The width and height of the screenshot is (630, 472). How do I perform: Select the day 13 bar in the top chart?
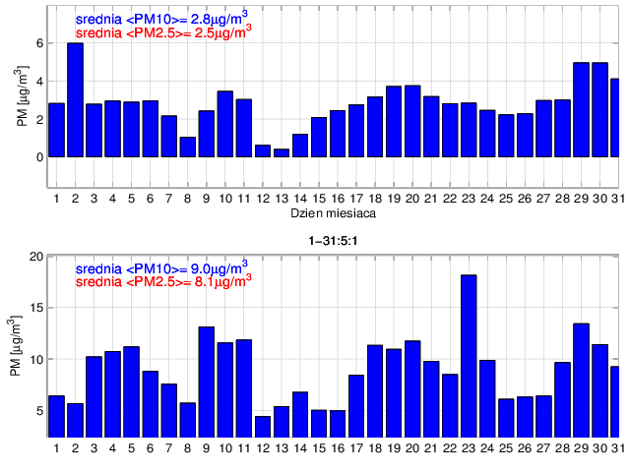282,152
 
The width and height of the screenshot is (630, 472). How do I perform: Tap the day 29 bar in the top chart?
582,109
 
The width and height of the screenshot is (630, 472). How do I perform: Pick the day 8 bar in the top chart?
187,147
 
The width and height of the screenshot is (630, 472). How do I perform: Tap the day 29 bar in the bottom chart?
582,380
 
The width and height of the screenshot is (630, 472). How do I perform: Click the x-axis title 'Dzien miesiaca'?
330,212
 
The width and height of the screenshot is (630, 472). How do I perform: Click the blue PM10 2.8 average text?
162,19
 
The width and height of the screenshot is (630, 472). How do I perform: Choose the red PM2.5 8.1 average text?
162,279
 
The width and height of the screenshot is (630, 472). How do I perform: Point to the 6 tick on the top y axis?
39,43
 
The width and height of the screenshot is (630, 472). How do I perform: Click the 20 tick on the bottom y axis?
36,257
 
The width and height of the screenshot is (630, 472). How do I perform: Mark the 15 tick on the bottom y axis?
36,308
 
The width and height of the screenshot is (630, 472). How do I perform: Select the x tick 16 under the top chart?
338,199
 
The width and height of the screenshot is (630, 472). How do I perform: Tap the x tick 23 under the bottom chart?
469,448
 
